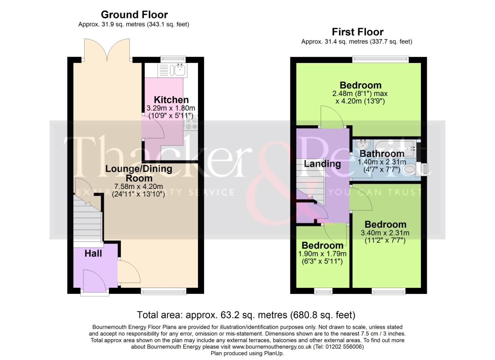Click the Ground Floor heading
click(x=134, y=15)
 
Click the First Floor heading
click(x=357, y=32)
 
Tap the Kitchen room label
click(x=171, y=100)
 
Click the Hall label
click(x=93, y=254)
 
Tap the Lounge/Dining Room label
click(x=139, y=173)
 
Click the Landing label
click(x=322, y=164)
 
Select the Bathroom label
click(x=382, y=154)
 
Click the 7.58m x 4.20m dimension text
click(x=139, y=186)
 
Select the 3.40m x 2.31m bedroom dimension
click(x=385, y=233)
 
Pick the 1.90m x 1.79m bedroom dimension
click(x=322, y=254)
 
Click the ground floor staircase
click(x=87, y=220)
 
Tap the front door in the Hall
click(x=94, y=282)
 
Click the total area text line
click(x=246, y=315)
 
